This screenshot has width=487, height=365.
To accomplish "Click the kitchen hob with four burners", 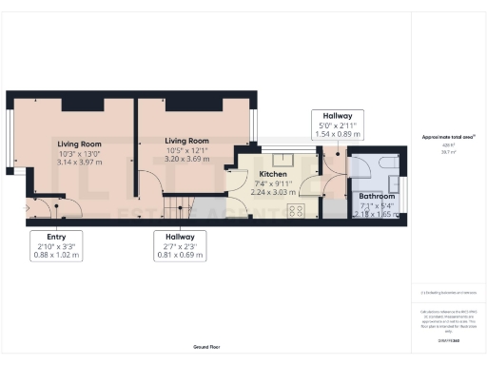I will click(294, 211).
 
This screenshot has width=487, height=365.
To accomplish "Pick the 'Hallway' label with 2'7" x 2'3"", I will click(179, 236).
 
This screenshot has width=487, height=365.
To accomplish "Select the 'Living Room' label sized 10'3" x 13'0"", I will click(78, 144).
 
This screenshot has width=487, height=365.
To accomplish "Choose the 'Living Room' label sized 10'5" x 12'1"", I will click(185, 141).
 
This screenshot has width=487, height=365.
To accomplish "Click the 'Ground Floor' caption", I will click(205, 348).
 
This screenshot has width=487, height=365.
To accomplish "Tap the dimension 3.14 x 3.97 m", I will click(78, 163).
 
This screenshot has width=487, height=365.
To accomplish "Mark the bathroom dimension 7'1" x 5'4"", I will click(375, 205).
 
